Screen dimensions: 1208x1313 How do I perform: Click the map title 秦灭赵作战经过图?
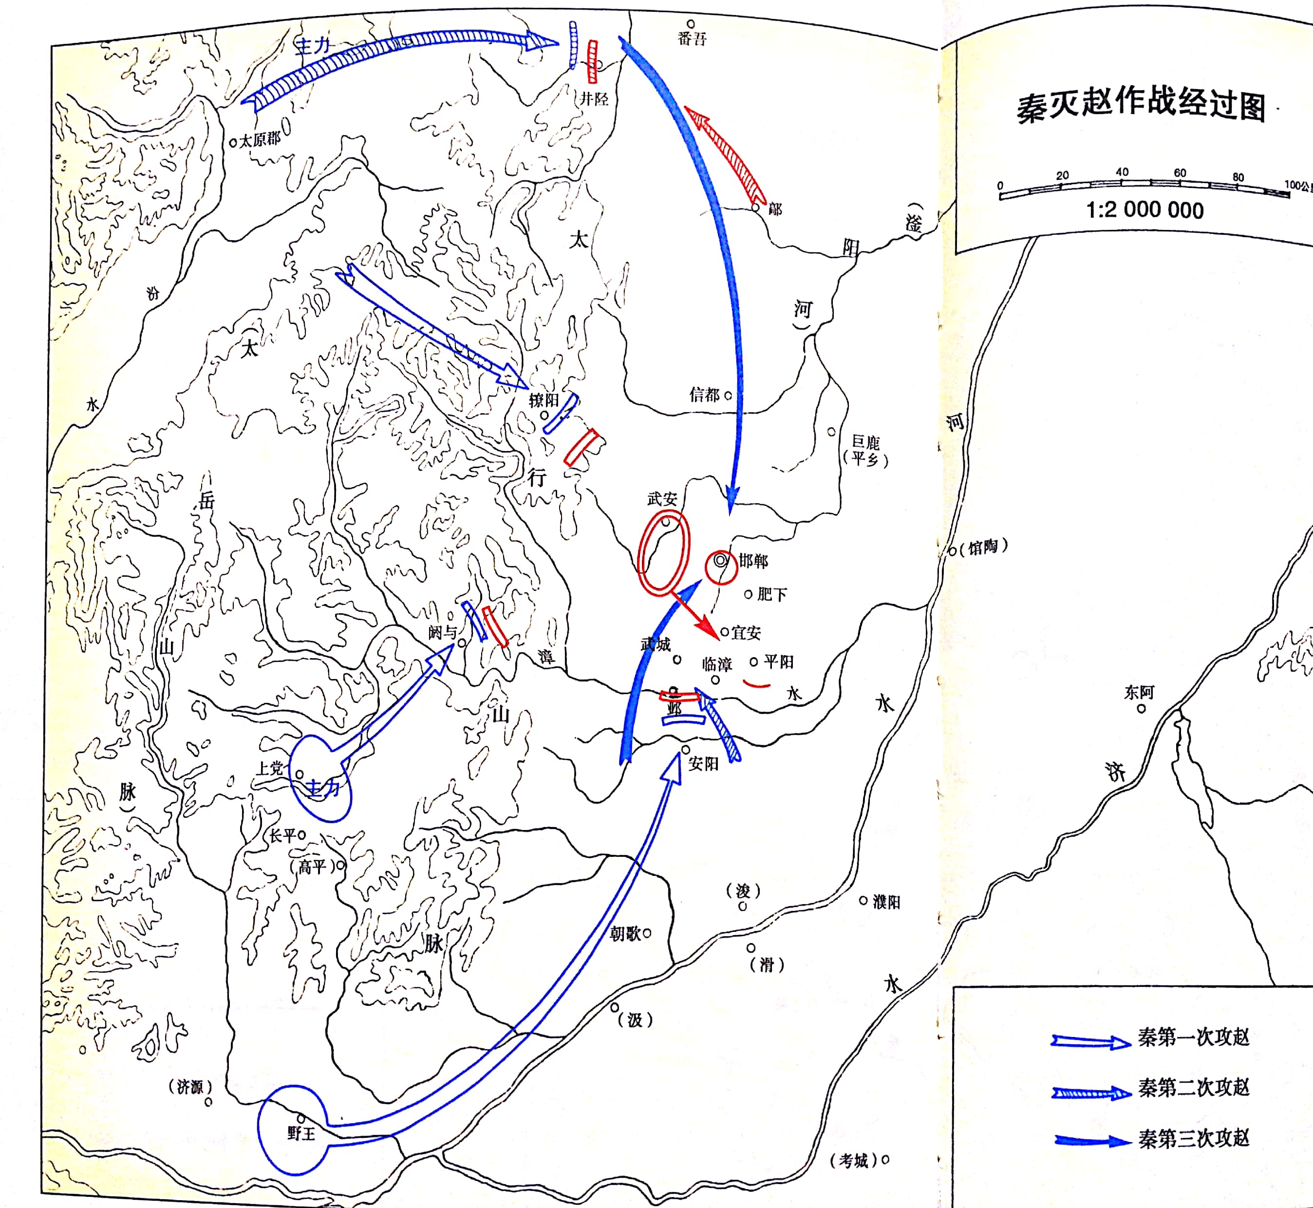[1141, 105]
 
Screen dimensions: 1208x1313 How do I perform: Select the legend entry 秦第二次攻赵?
[1193, 1087]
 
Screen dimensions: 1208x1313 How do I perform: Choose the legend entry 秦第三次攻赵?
[1193, 1138]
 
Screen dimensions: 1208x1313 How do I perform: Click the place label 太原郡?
[260, 140]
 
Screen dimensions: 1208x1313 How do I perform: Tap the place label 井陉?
[594, 99]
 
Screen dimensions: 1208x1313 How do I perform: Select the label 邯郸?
[753, 560]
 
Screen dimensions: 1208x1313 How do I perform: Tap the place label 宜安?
[746, 632]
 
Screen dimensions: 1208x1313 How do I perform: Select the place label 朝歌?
[625, 933]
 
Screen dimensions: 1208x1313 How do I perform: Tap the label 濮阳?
[886, 902]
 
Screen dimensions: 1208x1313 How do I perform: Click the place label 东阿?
[1139, 692]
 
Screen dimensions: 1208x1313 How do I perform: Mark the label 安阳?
[703, 763]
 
